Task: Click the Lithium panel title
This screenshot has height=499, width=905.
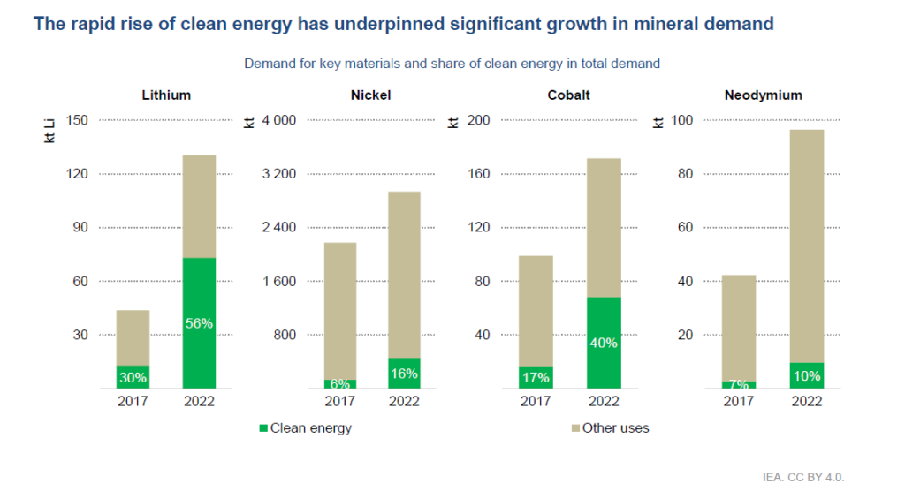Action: point(166,95)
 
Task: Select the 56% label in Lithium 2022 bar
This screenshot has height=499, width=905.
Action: point(199,323)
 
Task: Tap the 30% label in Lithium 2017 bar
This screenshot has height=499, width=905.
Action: point(133,377)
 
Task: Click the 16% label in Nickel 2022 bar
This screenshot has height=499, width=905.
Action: point(404,374)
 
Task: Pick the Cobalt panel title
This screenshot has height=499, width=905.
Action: point(569,95)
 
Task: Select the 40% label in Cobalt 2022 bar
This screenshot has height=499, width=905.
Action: point(604,344)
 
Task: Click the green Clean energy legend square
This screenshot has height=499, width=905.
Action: point(263,428)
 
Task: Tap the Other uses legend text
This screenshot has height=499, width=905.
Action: point(615,428)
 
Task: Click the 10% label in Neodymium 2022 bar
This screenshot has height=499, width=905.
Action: point(807,375)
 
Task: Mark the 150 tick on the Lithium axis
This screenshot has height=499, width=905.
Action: point(78,120)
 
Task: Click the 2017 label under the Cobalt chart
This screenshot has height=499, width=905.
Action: point(536,401)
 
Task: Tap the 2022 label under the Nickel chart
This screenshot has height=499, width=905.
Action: point(404,401)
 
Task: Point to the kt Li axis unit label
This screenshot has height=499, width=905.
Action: point(50,130)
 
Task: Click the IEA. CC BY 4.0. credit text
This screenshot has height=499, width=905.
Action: point(803,477)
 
